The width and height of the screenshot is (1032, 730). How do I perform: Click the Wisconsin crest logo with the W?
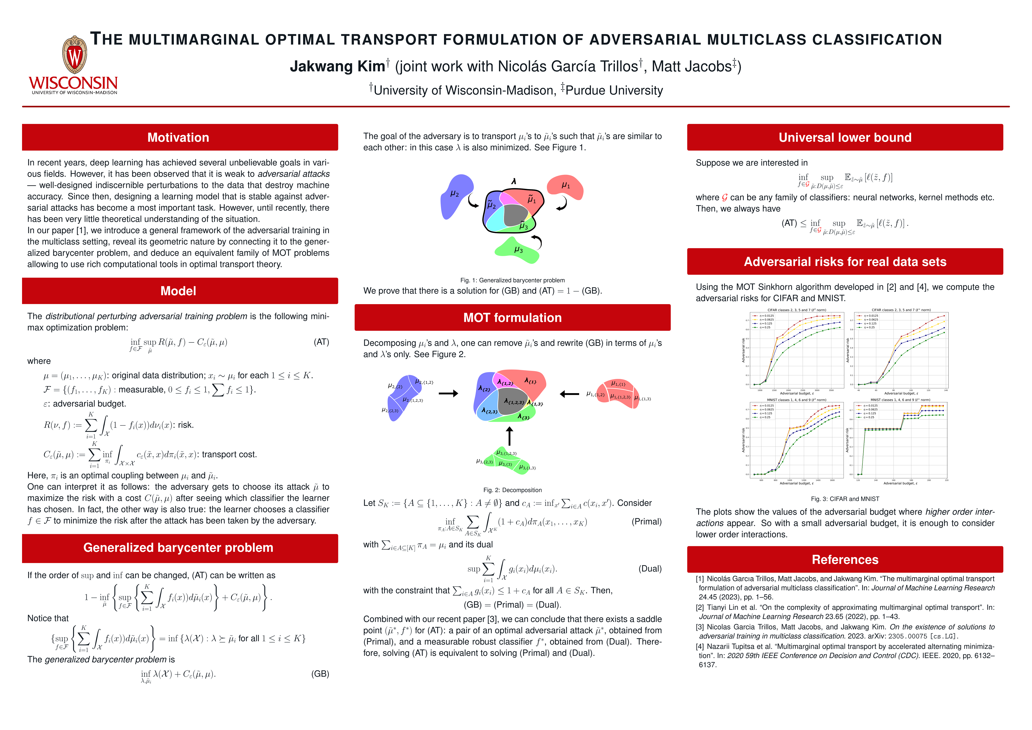click(74, 55)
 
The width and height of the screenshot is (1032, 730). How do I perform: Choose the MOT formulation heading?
click(512, 318)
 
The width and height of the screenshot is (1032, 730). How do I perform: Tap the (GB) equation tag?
click(320, 674)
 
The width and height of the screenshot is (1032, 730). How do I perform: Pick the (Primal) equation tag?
click(646, 521)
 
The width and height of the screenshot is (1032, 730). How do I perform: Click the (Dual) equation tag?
click(650, 569)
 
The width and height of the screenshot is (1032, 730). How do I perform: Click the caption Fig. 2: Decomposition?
click(512, 490)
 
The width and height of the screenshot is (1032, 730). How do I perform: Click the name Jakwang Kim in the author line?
click(337, 66)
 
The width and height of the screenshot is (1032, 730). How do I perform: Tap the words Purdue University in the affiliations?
click(614, 90)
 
